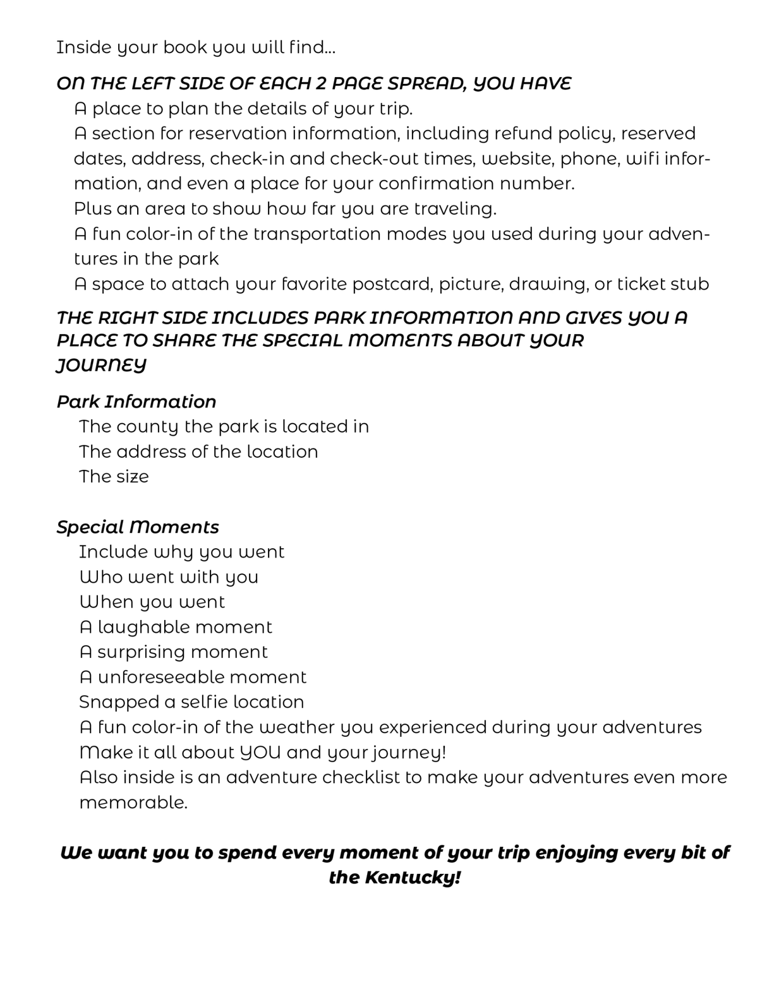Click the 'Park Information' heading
[136, 402]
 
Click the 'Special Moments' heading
[138, 527]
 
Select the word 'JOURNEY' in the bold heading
[101, 365]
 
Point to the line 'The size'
[114, 477]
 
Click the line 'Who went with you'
[169, 577]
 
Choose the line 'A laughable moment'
[176, 627]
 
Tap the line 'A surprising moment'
[174, 652]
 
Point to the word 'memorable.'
[133, 803]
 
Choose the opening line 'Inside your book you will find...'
[196, 48]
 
